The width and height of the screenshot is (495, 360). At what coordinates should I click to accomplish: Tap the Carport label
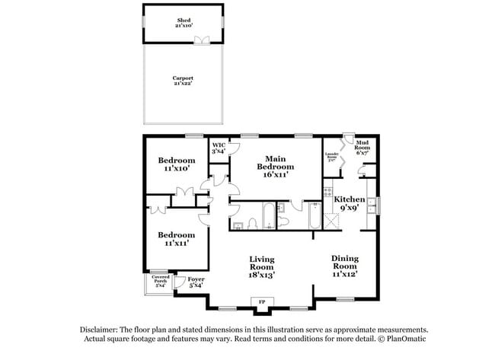click(x=183, y=80)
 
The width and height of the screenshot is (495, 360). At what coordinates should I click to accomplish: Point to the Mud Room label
click(x=362, y=146)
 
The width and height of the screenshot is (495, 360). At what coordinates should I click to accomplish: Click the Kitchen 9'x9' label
click(x=350, y=203)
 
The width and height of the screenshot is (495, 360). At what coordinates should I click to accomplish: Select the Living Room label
click(x=262, y=267)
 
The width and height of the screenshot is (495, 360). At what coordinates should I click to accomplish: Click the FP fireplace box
click(x=262, y=303)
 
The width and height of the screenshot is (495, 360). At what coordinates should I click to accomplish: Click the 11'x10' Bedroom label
click(x=177, y=164)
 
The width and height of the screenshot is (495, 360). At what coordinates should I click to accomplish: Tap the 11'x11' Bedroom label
click(x=177, y=239)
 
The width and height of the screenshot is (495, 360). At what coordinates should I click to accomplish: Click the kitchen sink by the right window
click(x=371, y=204)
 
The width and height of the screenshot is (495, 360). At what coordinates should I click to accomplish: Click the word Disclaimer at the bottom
click(x=102, y=329)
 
